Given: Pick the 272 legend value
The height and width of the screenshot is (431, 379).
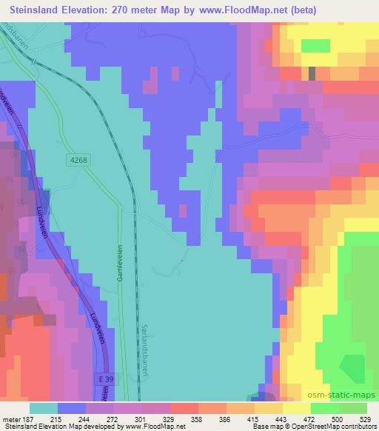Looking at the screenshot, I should coord(130,419).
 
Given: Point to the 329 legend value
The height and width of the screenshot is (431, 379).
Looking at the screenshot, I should coord(188,419).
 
